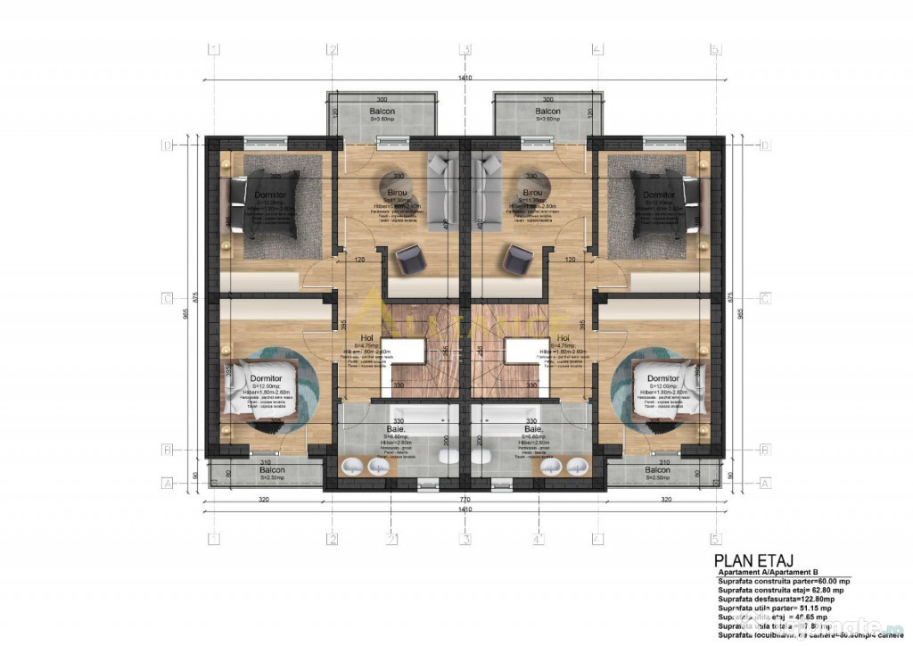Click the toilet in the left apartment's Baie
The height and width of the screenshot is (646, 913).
click(x=447, y=456)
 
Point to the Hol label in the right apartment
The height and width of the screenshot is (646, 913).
click(x=563, y=338)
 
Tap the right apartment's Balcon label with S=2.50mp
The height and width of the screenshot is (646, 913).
click(x=657, y=470)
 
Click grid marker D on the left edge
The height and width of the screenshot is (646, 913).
click(x=166, y=144)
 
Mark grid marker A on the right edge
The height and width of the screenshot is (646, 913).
click(x=764, y=483)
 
